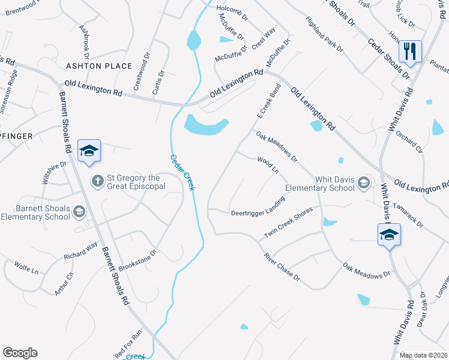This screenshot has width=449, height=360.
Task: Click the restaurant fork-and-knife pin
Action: pyautogui.click(x=410, y=52)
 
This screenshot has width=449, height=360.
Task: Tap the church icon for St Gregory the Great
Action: pyautogui.click(x=97, y=180)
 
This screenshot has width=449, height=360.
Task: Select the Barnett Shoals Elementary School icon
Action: pyautogui.click(x=79, y=211)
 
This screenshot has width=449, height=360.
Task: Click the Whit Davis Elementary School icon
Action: pyautogui.click(x=363, y=182)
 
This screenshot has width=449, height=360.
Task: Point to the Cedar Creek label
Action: pyautogui.click(x=182, y=173)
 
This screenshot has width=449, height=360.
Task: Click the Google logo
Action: pyautogui.click(x=20, y=353)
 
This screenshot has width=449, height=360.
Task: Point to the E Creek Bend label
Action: pyautogui.click(x=268, y=100)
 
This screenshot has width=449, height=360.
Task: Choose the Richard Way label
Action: pyautogui.click(x=80, y=251)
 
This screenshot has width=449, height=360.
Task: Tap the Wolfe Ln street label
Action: pyautogui.click(x=26, y=267)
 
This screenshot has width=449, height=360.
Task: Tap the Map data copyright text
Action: pyautogui.click(x=423, y=355)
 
